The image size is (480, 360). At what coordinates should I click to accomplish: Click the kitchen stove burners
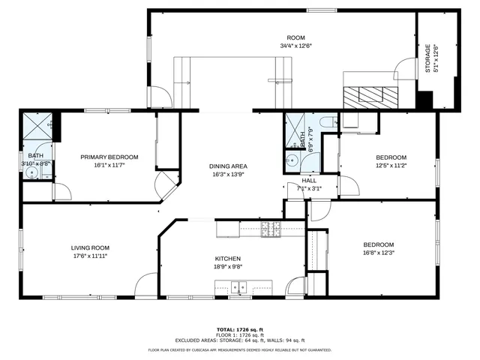tap(269, 230)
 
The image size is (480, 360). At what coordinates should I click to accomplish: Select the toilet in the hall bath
tap(328, 121)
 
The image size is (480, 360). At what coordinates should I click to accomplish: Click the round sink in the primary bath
tap(32, 172)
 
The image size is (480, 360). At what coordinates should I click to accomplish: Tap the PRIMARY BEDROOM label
tap(109, 157)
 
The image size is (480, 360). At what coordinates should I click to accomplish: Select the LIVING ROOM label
tap(90, 248)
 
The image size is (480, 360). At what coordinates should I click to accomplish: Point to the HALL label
tap(309, 180)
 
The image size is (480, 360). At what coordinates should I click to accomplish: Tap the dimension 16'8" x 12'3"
tap(379, 253)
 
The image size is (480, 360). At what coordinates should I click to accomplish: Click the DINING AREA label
tap(228, 166)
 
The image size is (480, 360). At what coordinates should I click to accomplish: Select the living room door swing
tap(145, 285)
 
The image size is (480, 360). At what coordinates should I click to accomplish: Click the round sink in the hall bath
tap(292, 160)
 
